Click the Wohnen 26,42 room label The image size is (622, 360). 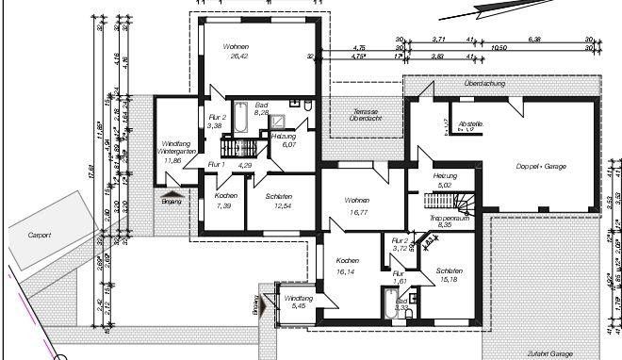click(x=236, y=51)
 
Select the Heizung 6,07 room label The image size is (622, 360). click(x=284, y=140)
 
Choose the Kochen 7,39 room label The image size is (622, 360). click(x=225, y=200)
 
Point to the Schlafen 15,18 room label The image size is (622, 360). click(x=452, y=274)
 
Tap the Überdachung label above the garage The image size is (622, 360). click(x=484, y=84)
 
